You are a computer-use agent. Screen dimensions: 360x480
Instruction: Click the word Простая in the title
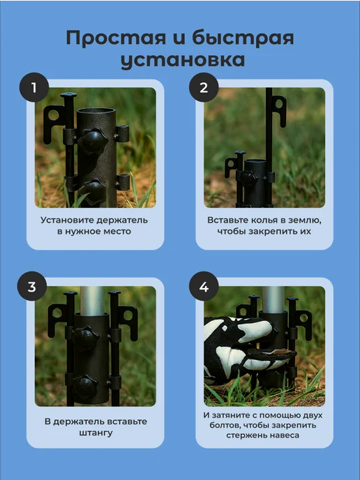pyautogui.click(x=116, y=38)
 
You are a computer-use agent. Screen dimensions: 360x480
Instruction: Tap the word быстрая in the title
pyautogui.click(x=243, y=38)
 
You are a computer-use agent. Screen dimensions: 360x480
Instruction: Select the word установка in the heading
pyautogui.click(x=183, y=60)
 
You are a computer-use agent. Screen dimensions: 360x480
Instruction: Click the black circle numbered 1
pyautogui.click(x=34, y=87)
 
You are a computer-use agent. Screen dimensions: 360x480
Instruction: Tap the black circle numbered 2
pyautogui.click(x=204, y=87)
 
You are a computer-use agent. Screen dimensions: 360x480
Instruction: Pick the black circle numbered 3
pyautogui.click(x=32, y=287)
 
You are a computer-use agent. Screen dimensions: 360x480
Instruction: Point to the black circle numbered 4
pyautogui.click(x=204, y=287)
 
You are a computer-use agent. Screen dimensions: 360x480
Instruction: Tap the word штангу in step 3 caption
pyautogui.click(x=96, y=433)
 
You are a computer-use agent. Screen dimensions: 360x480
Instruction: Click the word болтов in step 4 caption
pyautogui.click(x=222, y=425)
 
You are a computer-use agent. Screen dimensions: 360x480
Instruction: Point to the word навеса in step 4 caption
pyautogui.click(x=285, y=435)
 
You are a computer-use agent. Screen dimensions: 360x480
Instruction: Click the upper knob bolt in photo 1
pyautogui.click(x=95, y=140)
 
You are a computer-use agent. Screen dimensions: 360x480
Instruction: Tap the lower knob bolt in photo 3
pyautogui.click(x=86, y=386)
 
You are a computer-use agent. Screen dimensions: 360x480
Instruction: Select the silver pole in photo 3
pyautogui.click(x=92, y=301)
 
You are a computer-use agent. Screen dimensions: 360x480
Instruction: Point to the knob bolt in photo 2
pyautogui.click(x=250, y=177)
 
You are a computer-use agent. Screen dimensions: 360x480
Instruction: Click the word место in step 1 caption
pyautogui.click(x=117, y=232)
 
